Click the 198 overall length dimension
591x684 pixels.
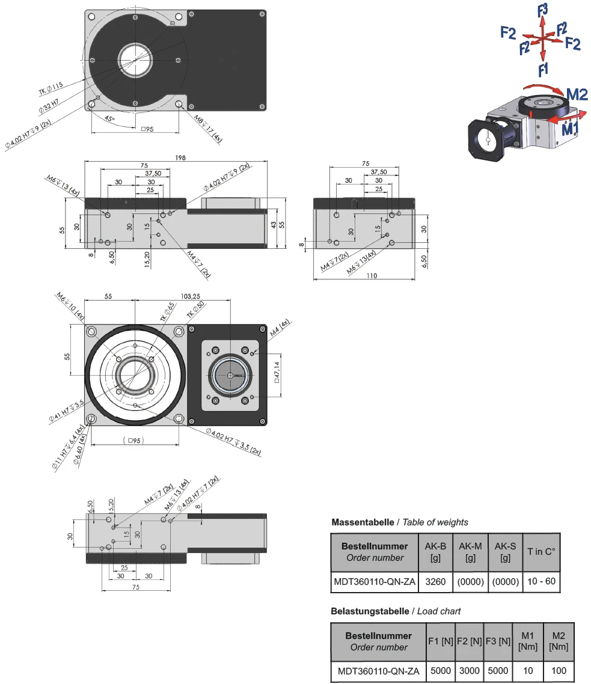pyautogui.click(x=181, y=157)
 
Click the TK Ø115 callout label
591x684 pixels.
pyautogui.click(x=51, y=90)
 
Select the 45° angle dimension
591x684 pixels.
pyautogui.click(x=109, y=118)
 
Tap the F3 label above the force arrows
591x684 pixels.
pyautogui.click(x=543, y=9)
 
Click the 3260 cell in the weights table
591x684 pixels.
pyautogui.click(x=435, y=581)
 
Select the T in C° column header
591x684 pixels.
pyautogui.click(x=542, y=552)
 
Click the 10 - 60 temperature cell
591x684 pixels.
pyautogui.click(x=542, y=581)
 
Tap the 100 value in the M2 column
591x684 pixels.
pyautogui.click(x=559, y=671)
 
